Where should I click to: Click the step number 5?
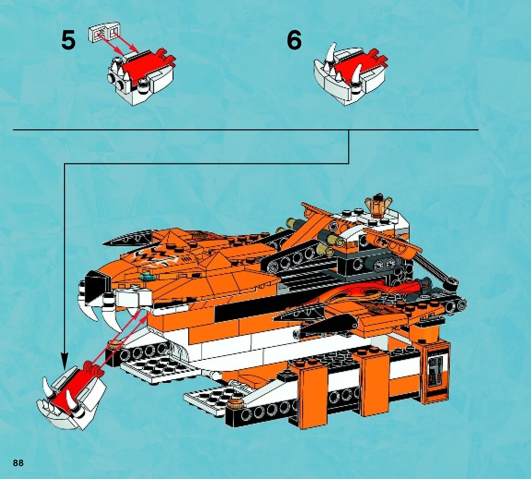[x=68, y=41]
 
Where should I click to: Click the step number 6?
[x=294, y=40]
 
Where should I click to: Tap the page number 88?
[x=18, y=463]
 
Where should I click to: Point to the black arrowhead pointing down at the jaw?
[x=65, y=360]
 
